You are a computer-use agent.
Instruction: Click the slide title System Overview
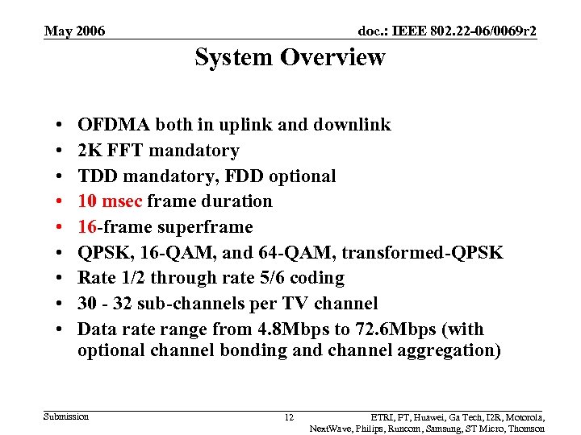[x=290, y=58]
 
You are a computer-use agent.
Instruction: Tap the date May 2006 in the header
[x=74, y=31]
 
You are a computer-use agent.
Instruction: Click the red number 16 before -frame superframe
[x=88, y=227]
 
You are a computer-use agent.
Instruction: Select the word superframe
[x=208, y=227]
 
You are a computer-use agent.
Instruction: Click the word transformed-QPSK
[x=422, y=253]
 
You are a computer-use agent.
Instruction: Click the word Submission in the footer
[x=67, y=416]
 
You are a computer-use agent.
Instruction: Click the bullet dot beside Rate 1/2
[x=62, y=278]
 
